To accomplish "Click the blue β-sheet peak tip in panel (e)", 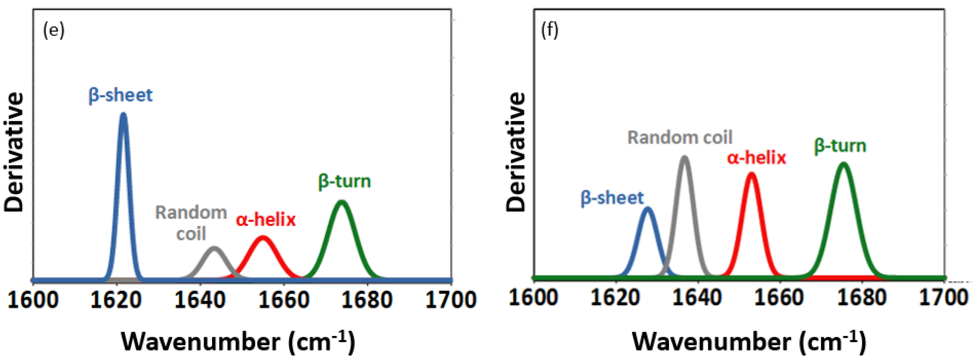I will [123, 114].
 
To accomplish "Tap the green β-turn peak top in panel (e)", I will [341, 202].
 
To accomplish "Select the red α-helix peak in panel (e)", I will [263, 238].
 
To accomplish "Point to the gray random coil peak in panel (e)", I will [214, 249].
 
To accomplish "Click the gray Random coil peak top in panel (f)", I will [685, 158].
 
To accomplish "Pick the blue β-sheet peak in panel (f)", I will [647, 209].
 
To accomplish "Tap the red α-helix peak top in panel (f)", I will [751, 175].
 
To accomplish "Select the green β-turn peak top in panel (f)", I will [844, 165].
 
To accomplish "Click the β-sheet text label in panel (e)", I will [121, 95].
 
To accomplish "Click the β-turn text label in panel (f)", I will [840, 146].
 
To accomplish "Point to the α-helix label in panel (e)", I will [266, 220].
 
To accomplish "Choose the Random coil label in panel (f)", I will [680, 137].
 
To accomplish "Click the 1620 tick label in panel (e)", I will [116, 300].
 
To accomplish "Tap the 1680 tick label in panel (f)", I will [862, 297].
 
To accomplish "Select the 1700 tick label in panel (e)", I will [451, 300].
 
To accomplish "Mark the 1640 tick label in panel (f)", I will [697, 297].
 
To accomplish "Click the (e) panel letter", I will [54, 30].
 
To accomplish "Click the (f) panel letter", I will [550, 30].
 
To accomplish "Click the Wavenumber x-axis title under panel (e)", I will [238, 341].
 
